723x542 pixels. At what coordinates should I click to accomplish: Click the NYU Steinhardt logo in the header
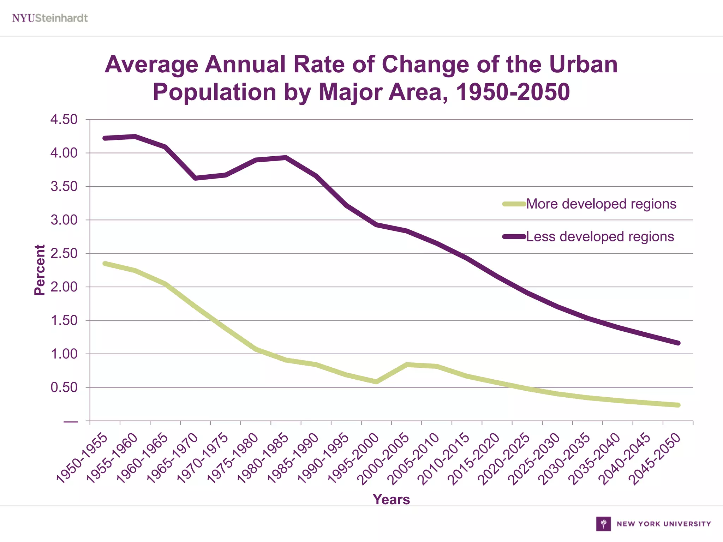coord(50,18)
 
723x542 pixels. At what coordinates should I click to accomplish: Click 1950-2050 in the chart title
coord(513,92)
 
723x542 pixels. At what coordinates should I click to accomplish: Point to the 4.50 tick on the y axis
coord(64,120)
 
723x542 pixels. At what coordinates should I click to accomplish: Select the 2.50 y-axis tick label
coord(64,253)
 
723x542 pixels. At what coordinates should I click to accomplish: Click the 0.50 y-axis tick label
coord(64,387)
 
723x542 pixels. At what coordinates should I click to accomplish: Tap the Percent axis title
coord(40,270)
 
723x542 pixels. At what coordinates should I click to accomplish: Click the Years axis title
coord(391,500)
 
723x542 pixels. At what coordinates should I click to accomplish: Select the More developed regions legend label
coord(601,204)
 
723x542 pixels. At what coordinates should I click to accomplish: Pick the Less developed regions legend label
coord(600,237)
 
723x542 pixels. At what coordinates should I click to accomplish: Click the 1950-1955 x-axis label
coord(82,458)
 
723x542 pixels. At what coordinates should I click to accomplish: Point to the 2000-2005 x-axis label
coord(384,458)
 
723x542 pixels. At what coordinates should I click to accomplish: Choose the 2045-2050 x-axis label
coord(655,458)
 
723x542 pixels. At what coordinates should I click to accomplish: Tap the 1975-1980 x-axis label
coord(233,458)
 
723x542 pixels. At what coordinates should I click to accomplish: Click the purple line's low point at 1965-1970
coord(196,178)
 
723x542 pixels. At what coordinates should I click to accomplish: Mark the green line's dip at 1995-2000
coord(376,382)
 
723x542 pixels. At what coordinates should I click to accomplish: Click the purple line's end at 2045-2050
coord(678,343)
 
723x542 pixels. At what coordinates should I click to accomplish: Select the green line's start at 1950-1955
coord(105,264)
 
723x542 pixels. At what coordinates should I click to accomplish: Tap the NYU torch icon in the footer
coord(603,524)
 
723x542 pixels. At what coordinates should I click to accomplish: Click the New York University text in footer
coord(664,524)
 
